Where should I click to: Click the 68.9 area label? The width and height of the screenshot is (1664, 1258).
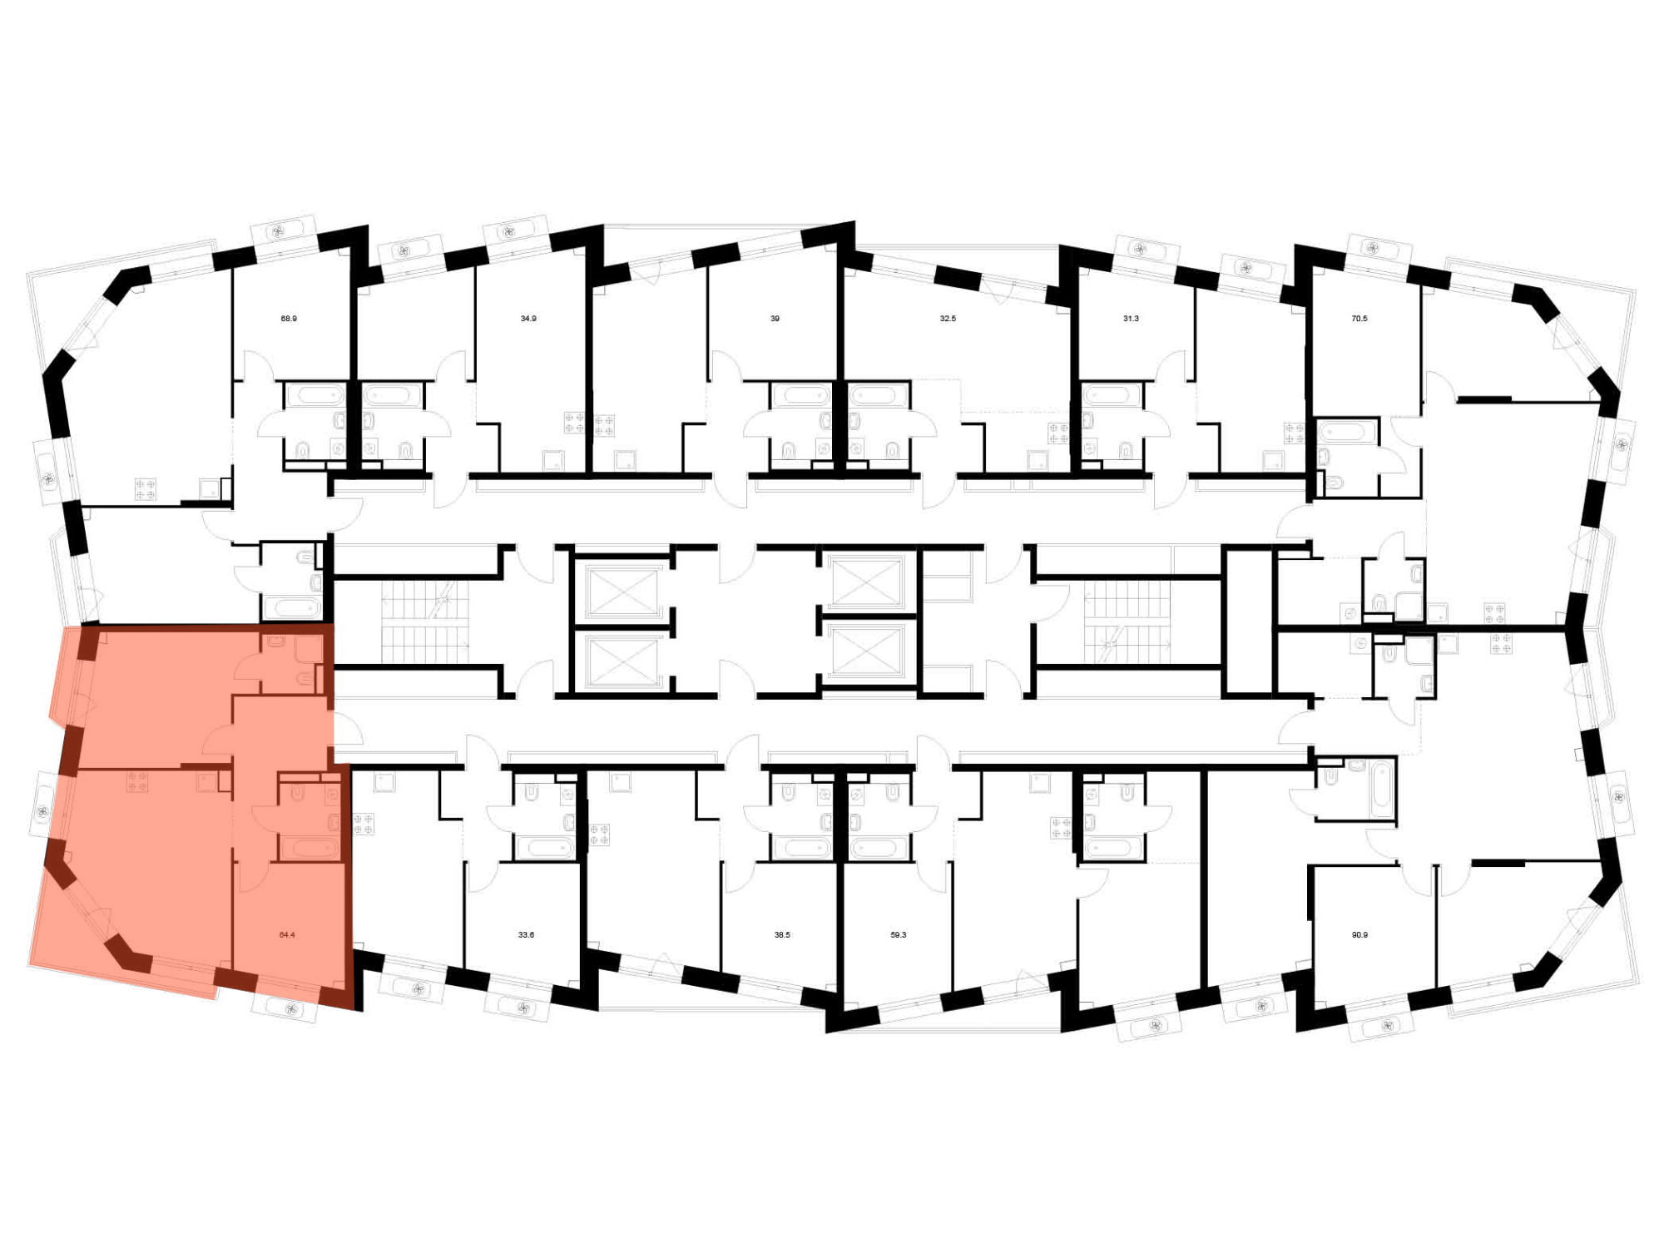[x=289, y=319]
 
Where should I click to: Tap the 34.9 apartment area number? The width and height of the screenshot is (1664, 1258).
[x=528, y=319]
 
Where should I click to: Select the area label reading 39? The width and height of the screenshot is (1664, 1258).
[x=775, y=319]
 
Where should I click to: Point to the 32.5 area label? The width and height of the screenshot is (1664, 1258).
[x=948, y=319]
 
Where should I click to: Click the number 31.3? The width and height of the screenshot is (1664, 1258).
[x=1131, y=319]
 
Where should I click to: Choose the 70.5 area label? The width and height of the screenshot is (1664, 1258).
[x=1359, y=319]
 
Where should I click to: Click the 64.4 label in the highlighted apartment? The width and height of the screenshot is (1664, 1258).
[x=287, y=934]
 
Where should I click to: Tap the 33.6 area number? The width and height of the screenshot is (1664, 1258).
[x=526, y=934]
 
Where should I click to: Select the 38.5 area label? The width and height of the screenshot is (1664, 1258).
[x=782, y=934]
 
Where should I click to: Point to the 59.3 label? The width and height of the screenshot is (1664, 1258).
[x=899, y=934]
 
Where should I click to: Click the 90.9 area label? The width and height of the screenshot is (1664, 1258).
[x=1359, y=934]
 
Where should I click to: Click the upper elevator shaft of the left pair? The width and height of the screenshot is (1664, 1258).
[x=622, y=589]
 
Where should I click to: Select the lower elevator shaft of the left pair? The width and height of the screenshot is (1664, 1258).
[x=622, y=661]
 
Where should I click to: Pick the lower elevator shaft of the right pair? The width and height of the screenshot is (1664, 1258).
[x=866, y=649]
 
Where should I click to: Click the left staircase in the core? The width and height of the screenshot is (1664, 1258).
[x=425, y=622]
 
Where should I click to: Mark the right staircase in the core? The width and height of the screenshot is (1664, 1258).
[x=1127, y=622]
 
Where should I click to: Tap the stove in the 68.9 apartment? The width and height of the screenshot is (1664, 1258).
[x=146, y=489]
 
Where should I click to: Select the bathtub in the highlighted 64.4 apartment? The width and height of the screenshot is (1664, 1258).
[x=309, y=848]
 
